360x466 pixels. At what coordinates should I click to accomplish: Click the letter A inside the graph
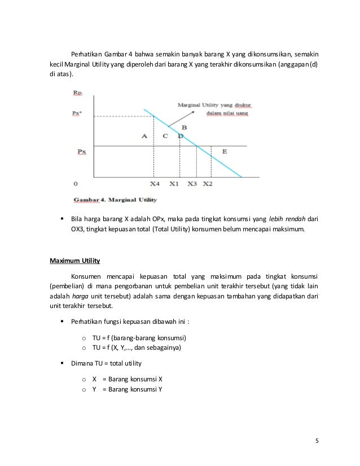(x=145, y=136)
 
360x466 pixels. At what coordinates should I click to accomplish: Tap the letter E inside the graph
(x=225, y=151)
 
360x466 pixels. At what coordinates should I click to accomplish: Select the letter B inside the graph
(x=184, y=129)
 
